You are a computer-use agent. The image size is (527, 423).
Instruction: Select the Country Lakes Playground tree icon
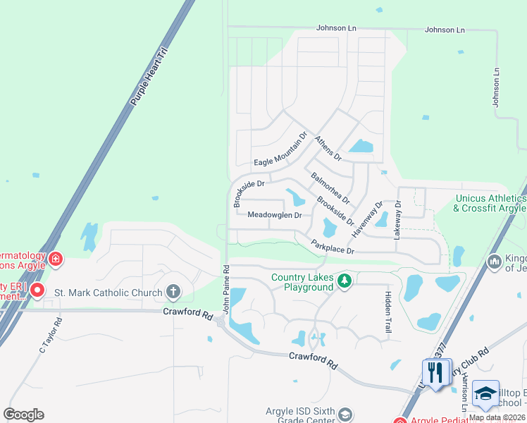[344, 281]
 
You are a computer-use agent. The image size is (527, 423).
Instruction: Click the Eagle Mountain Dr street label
[280, 152]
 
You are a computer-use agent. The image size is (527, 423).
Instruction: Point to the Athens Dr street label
[328, 147]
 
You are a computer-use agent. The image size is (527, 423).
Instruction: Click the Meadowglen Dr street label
[275, 214]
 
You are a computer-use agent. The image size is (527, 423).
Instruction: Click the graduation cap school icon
[485, 394]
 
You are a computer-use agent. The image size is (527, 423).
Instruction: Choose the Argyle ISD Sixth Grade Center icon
[345, 413]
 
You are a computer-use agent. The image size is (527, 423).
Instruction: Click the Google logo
[23, 415]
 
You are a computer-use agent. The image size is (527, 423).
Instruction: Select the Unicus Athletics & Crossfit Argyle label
[490, 203]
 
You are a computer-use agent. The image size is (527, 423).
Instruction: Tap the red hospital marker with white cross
[55, 260]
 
